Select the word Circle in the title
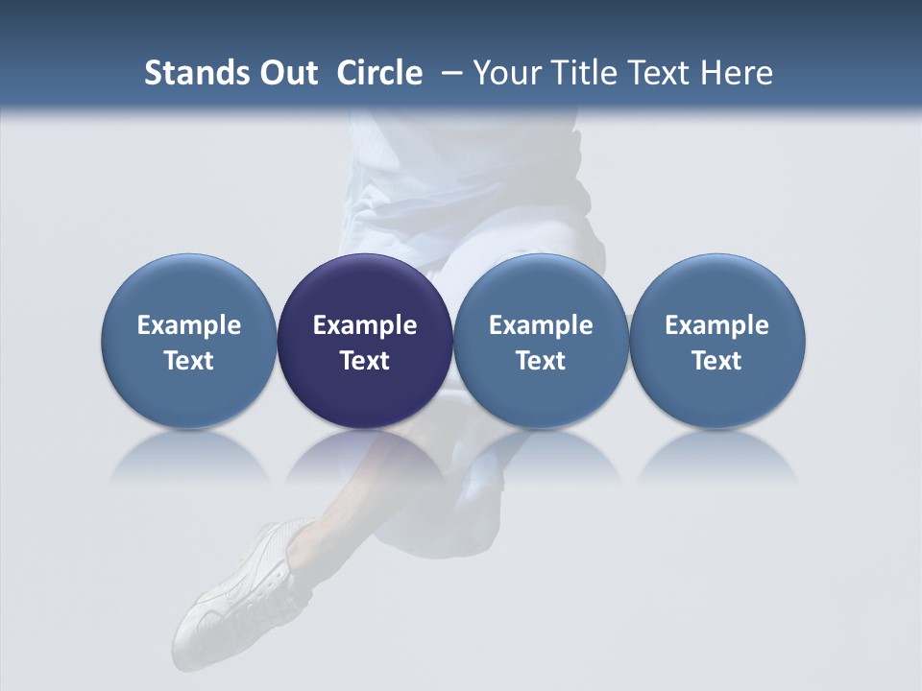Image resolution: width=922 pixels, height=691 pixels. pos(379,73)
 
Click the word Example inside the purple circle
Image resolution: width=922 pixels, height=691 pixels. pos(365,325)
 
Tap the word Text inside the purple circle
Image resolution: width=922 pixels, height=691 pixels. pos(365,361)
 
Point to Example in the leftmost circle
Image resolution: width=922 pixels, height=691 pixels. pos(189,325)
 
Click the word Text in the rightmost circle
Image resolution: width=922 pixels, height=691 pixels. pos(717,361)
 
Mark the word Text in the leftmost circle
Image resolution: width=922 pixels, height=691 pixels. pos(189,361)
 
